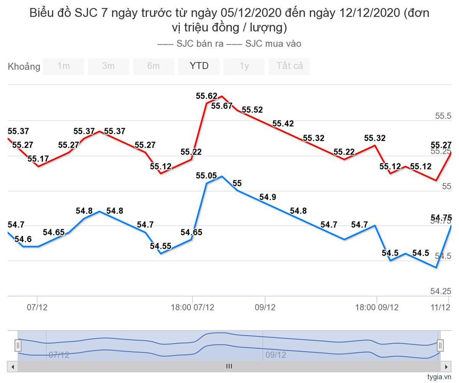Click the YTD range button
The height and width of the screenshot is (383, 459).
(199, 66)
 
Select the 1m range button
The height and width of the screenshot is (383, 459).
(63, 66)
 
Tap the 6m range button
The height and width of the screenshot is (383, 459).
(153, 66)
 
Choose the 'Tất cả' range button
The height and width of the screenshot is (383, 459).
(289, 66)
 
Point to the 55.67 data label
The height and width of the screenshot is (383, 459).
(222, 106)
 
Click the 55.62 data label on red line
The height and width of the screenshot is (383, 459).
(207, 96)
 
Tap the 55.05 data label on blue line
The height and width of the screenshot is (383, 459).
(206, 175)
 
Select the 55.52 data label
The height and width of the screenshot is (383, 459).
(252, 110)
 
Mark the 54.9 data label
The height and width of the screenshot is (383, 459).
(268, 197)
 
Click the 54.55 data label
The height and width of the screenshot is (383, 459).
(161, 246)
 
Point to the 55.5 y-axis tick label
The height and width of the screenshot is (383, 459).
(443, 116)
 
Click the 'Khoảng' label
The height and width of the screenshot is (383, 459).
(24, 67)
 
